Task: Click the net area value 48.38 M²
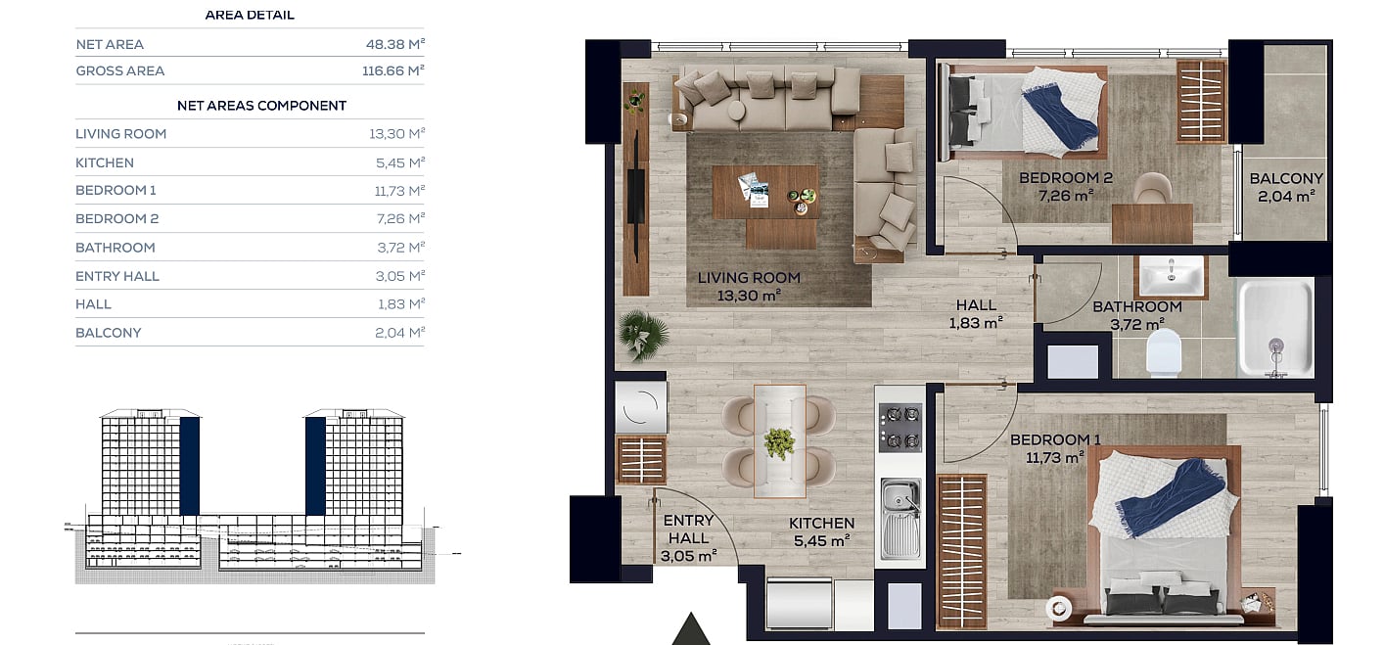[395, 44]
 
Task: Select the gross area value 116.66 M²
[393, 70]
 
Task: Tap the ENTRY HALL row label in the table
[117, 276]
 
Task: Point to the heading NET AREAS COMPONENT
[261, 106]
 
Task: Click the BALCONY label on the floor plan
[1286, 178]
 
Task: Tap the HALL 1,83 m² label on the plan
[976, 313]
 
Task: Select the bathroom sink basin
[1172, 276]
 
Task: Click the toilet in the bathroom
[1164, 352]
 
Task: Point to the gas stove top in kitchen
[900, 427]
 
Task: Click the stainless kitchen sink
[900, 519]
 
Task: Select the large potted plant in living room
[644, 336]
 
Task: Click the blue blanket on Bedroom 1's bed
[1170, 497]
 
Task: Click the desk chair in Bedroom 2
[1153, 188]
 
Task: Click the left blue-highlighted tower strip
[190, 466]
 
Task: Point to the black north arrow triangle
[691, 630]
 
